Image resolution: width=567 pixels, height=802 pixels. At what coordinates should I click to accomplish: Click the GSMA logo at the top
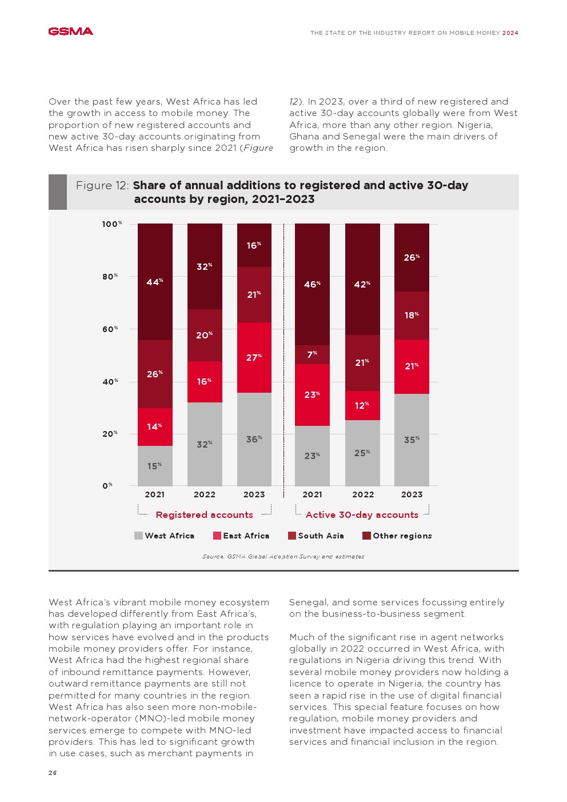[x=70, y=31]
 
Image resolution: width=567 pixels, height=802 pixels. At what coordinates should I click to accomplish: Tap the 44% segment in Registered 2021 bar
[x=155, y=282]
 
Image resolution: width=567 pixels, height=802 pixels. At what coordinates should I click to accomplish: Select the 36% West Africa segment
[x=254, y=439]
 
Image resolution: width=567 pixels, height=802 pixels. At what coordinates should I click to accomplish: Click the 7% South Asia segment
[x=312, y=354]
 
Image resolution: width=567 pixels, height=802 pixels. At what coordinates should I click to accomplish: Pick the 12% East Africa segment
[x=362, y=405]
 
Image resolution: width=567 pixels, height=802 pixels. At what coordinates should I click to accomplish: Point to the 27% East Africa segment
[x=254, y=357]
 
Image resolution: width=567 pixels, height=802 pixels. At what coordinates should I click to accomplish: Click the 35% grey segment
[x=412, y=440]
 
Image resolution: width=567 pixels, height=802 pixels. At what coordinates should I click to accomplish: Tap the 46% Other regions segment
[x=312, y=284]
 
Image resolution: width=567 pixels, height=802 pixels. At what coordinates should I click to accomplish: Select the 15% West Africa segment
[x=155, y=466]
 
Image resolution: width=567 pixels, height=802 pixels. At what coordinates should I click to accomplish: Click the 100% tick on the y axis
[x=112, y=224]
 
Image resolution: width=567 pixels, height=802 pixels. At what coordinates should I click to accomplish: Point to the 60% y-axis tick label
[x=110, y=329]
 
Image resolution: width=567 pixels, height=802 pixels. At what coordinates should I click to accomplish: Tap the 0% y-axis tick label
[x=107, y=486]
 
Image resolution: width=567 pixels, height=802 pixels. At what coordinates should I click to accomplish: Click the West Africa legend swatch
[x=138, y=536]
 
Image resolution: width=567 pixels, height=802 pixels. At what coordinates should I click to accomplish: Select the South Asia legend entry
[x=316, y=536]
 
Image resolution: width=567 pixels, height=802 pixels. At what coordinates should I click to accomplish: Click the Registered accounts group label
[x=204, y=514]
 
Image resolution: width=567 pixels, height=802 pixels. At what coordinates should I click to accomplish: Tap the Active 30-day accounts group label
[x=362, y=514]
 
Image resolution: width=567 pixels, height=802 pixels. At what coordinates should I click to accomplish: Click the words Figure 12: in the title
[x=102, y=185]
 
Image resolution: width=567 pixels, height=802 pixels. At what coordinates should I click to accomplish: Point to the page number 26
[x=53, y=773]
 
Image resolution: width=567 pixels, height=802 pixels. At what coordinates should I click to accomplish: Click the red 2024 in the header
[x=510, y=33]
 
